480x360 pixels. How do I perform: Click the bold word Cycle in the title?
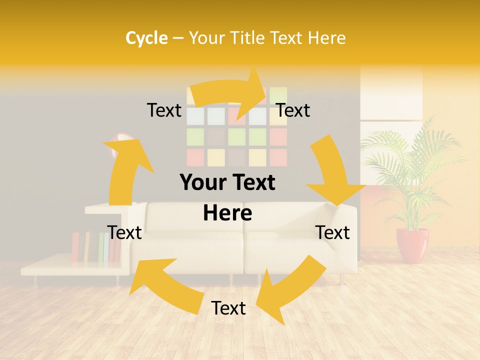click(x=146, y=38)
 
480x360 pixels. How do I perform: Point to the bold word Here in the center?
click(x=227, y=213)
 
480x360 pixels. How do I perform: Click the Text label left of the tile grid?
click(x=164, y=110)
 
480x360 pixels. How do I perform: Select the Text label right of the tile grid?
click(x=293, y=110)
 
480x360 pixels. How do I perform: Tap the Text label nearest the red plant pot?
click(x=333, y=232)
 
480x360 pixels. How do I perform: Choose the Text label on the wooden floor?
click(x=228, y=308)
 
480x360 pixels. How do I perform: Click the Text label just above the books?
click(x=124, y=232)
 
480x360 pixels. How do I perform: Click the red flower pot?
click(x=412, y=245)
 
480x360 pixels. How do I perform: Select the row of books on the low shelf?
click(x=95, y=247)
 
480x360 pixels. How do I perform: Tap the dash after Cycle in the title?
click(x=178, y=38)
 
